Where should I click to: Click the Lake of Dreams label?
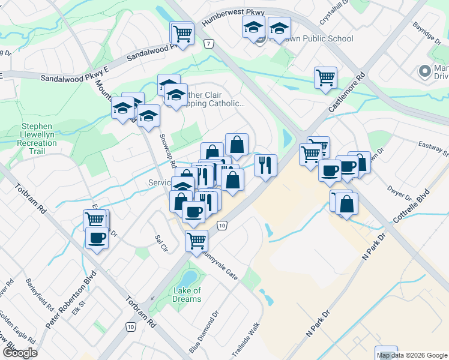[x=187, y=295]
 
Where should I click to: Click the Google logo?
[x=20, y=353]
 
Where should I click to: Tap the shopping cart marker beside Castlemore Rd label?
[x=325, y=77]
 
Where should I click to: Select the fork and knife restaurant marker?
[x=265, y=163]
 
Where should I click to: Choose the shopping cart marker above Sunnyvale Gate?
[x=196, y=240]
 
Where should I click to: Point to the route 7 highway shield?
[x=208, y=44]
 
